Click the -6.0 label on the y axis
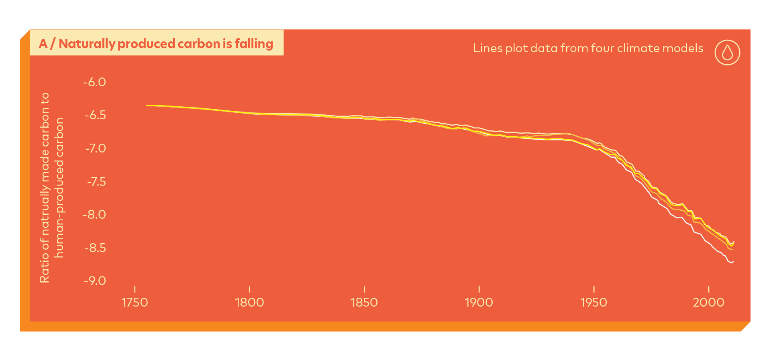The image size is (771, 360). pos(94,82)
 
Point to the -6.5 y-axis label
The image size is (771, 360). pos(95,116)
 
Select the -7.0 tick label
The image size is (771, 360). pos(96,148)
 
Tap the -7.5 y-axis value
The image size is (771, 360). pos(96,182)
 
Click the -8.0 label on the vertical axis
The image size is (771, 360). pos(94,215)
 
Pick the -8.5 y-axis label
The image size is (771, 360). pos(95,248)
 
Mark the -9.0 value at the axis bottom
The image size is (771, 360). pos(95,281)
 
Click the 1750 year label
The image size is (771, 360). pos(135,302)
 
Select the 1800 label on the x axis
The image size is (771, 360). pos(249,302)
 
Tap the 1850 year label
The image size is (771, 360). pos(364,302)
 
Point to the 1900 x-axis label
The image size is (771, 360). pos(479,302)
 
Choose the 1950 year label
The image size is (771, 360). pos(594,302)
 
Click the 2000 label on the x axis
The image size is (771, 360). pos(708,302)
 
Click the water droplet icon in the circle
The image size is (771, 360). pos(727,53)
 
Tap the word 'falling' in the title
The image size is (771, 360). pos(254,43)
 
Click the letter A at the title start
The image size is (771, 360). pos(43,44)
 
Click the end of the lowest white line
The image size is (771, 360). pos(733,262)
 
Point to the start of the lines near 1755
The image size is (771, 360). pos(147,105)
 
